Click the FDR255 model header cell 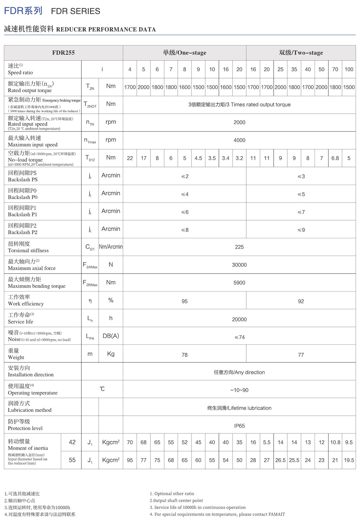click(x=63, y=53)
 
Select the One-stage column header click(x=184, y=53)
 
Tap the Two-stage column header click(x=301, y=53)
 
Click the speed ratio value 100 click(x=348, y=69)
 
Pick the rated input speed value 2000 click(x=239, y=122)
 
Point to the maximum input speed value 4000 click(x=239, y=140)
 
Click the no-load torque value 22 click(x=130, y=158)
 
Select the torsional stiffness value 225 click(x=239, y=247)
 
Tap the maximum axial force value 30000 click(x=239, y=265)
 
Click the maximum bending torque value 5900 click(x=239, y=283)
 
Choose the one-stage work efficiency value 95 click(x=184, y=301)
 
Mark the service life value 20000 click(x=239, y=319)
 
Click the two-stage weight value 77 click(x=301, y=355)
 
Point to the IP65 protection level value click(x=239, y=426)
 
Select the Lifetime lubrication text click(x=239, y=408)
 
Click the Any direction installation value click(x=239, y=373)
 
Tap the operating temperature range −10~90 click(x=239, y=390)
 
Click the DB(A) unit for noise click(x=111, y=336)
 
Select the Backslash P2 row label click(x=22, y=229)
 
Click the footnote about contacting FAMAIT click(x=217, y=514)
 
